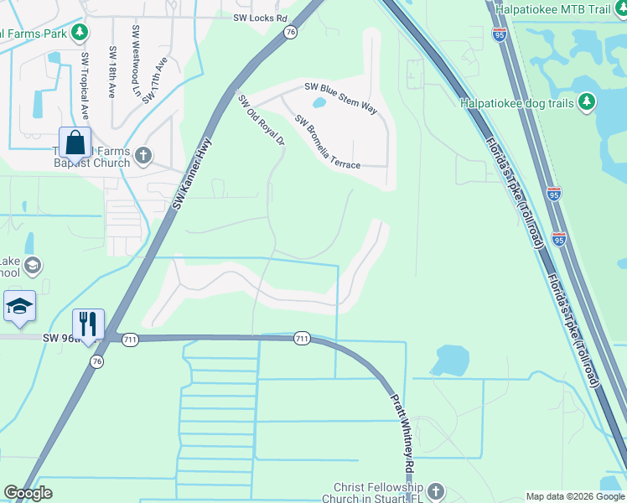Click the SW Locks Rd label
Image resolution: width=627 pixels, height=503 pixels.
point(260,17)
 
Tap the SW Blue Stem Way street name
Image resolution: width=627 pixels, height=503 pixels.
point(340,93)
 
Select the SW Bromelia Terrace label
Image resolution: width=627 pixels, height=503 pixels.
point(327,142)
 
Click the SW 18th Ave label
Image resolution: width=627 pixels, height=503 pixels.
point(111,70)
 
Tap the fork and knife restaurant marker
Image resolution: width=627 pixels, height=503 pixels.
point(87,323)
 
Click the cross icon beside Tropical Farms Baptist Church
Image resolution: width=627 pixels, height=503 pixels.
point(143,154)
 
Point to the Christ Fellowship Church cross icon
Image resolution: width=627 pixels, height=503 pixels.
point(434,490)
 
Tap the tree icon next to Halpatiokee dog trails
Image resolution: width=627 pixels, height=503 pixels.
point(587,102)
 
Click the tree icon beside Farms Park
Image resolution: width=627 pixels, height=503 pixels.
point(80,33)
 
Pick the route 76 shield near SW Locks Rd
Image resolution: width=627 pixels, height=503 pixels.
point(290,32)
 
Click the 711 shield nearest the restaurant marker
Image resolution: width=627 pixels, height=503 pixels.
point(130,339)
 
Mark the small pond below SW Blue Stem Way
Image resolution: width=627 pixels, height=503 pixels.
point(319,104)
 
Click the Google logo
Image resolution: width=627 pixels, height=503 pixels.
point(28,493)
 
